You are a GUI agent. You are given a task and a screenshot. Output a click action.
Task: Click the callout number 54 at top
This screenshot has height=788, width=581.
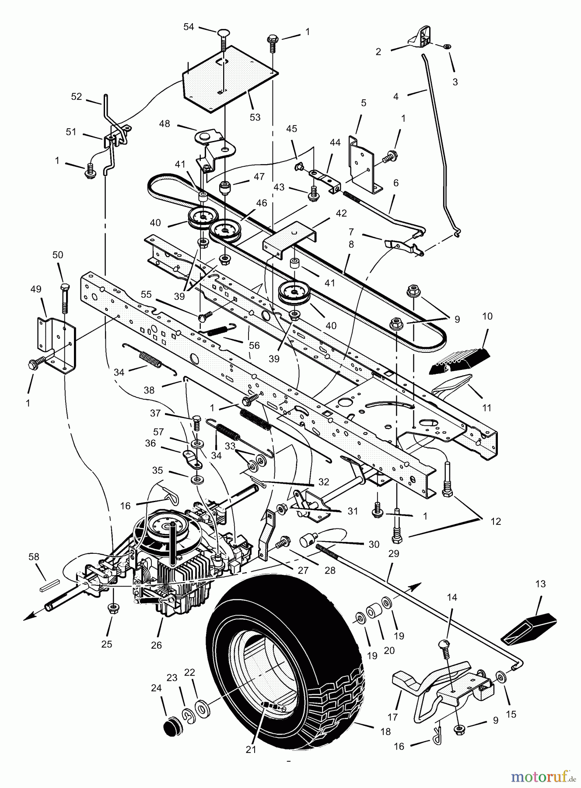189,27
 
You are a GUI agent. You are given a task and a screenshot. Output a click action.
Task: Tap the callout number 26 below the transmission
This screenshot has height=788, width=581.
156,645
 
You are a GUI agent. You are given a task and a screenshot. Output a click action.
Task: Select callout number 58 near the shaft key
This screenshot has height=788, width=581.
34,557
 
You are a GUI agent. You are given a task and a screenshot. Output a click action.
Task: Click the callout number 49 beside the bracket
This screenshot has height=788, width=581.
36,289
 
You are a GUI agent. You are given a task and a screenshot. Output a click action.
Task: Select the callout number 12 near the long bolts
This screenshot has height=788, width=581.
496,521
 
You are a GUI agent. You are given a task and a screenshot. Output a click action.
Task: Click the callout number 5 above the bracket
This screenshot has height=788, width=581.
364,103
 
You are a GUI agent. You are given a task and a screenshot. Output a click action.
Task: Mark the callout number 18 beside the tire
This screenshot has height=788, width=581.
385,732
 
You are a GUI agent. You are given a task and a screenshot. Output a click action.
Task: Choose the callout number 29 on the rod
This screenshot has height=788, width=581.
394,553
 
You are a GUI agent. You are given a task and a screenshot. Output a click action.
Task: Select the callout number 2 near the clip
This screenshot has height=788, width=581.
378,52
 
